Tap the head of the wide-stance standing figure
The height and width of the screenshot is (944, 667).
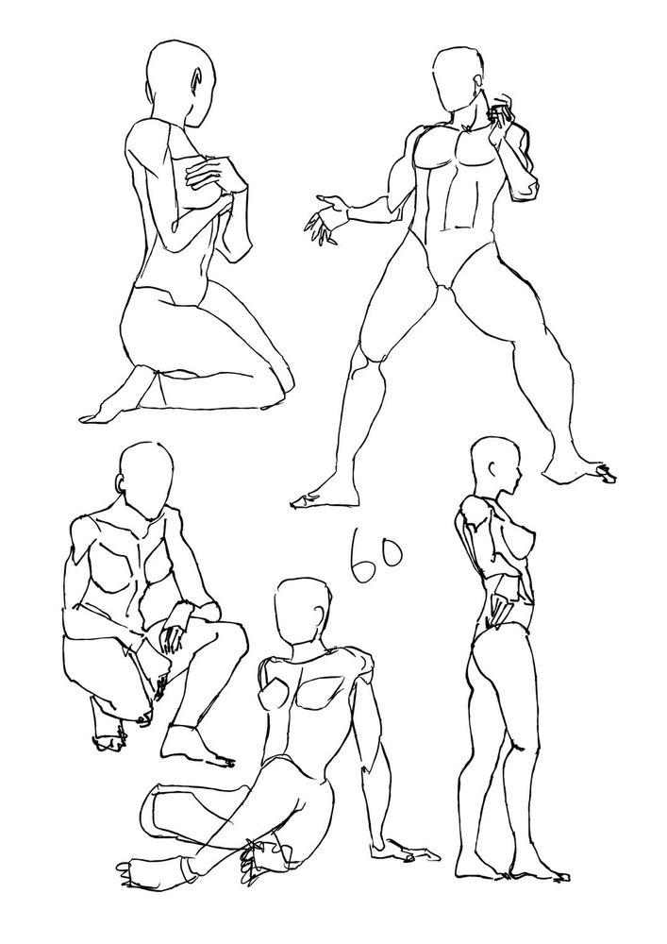pyautogui.click(x=459, y=79)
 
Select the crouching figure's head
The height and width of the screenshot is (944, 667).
pyautogui.click(x=145, y=480)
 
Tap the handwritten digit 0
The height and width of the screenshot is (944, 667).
pyautogui.click(x=389, y=552)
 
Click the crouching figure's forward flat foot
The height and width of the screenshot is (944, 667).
pyautogui.click(x=195, y=747)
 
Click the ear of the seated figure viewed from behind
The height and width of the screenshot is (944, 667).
pyautogui.click(x=318, y=618)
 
